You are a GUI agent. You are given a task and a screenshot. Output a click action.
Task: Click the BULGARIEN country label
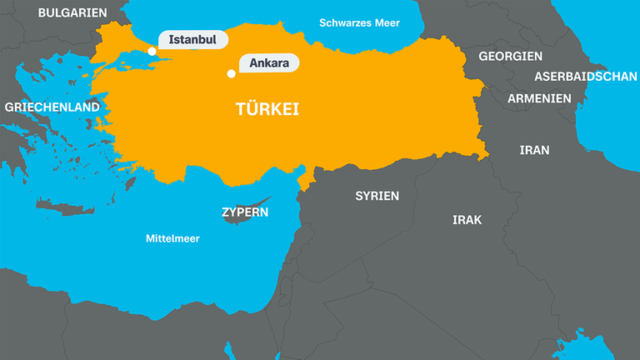[73, 12]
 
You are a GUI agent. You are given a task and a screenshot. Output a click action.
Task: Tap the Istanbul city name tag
[192, 39]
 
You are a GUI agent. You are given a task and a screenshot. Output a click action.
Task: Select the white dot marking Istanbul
[152, 51]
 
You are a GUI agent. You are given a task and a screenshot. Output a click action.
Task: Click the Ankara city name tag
[269, 62]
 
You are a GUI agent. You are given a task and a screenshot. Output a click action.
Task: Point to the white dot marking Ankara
[231, 73]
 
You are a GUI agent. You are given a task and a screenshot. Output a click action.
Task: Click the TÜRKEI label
[267, 109]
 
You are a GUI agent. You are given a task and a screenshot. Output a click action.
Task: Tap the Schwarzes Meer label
[360, 22]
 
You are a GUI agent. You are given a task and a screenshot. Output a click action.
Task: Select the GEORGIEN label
[510, 56]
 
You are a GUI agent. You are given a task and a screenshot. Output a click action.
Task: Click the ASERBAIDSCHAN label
[585, 76]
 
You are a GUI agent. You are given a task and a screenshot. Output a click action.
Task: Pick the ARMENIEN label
[539, 98]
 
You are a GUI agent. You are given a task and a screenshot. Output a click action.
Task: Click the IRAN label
[534, 150]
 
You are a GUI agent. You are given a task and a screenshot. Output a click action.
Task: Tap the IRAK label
[467, 220]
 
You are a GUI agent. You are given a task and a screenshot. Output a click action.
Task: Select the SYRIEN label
[377, 196]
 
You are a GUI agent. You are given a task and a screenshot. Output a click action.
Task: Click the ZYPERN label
[245, 212]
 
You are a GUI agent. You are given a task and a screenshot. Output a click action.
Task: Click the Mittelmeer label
[172, 238]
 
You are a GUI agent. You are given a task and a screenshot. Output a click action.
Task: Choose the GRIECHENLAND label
[52, 107]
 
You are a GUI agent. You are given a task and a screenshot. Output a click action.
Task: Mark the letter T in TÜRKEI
[240, 109]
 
